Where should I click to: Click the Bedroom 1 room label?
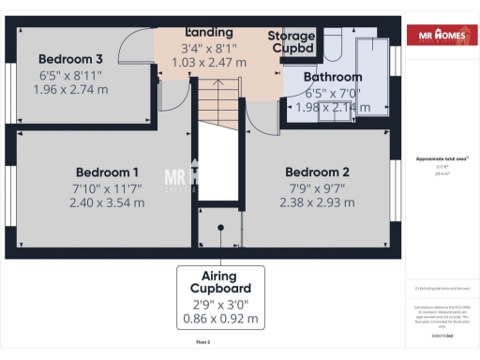pos(107,172)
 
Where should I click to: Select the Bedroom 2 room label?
pos(317,172)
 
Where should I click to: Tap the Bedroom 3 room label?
pos(70,57)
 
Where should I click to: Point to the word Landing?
pos(209,32)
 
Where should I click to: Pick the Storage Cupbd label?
pos(292,43)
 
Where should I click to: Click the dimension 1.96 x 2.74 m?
pos(70,90)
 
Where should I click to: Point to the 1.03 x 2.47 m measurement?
pos(209,62)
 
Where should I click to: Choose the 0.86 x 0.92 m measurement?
pos(221,319)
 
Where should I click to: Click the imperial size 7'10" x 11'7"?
pos(107,188)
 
